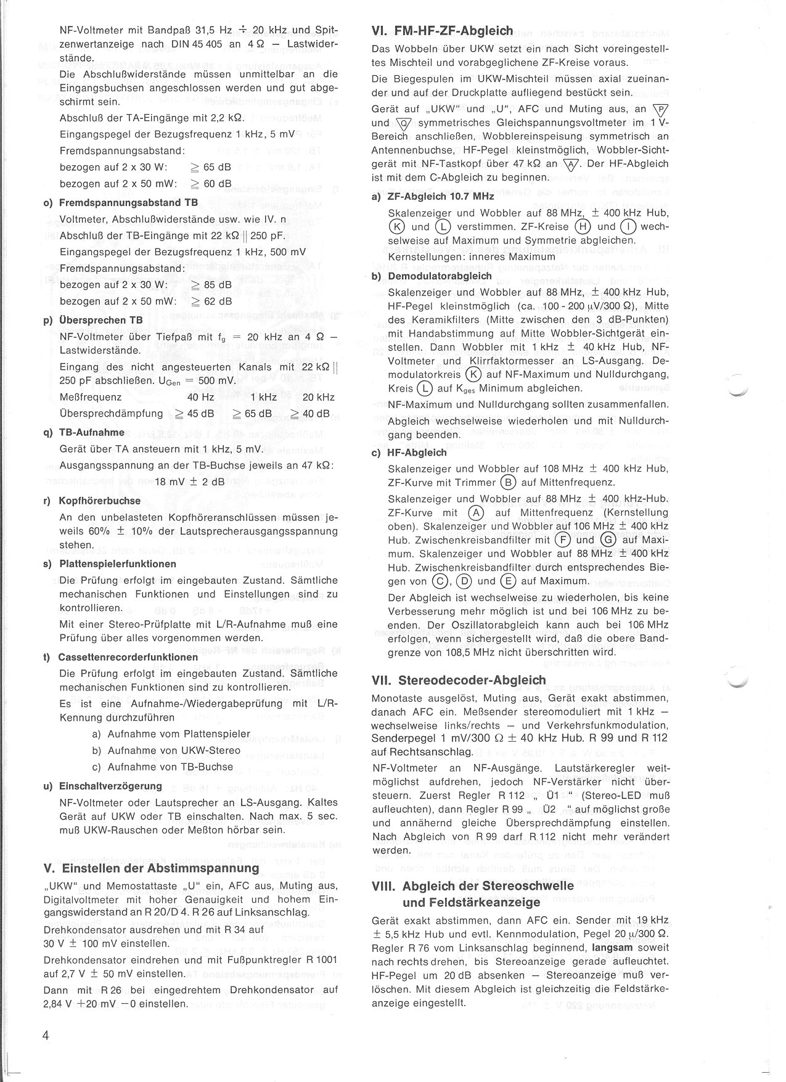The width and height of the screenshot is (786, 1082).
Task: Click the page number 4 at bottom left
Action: coord(46,1035)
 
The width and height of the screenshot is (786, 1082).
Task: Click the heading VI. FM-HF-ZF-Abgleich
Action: coord(443,30)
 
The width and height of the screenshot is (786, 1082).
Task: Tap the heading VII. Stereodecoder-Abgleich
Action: coord(459,680)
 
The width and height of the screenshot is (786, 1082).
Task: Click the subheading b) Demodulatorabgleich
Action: coord(432,276)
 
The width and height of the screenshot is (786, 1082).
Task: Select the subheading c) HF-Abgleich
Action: coord(409,453)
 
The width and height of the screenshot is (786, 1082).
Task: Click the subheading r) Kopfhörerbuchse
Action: coord(92,501)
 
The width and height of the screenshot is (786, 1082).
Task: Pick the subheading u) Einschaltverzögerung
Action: coord(103,786)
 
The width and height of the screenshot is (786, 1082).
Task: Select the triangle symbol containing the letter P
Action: coord(660,110)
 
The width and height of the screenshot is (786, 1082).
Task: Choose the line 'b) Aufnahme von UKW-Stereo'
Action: coord(166,751)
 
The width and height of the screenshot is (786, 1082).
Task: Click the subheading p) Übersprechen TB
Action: coord(93,321)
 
